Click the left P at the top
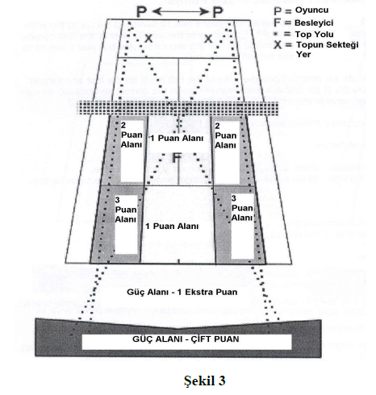coord(142,12)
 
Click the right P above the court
coord(218,12)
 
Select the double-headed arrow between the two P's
coord(180,11)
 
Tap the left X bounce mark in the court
coord(148,39)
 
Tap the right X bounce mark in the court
coord(208,39)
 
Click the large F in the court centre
coord(176,158)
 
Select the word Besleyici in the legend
coord(314,23)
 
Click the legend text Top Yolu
coord(314,35)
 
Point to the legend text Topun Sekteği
coord(328,44)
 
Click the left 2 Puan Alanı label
coord(132,135)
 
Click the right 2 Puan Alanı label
coord(225,135)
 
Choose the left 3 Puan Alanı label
coord(126,210)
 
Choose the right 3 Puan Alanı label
coord(242,208)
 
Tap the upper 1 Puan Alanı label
coord(177,138)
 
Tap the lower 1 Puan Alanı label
coord(172,226)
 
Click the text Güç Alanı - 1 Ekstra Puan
coord(182,292)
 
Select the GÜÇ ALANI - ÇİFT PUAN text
coord(186,339)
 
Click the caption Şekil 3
coord(205,380)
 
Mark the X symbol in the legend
coord(278,45)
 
